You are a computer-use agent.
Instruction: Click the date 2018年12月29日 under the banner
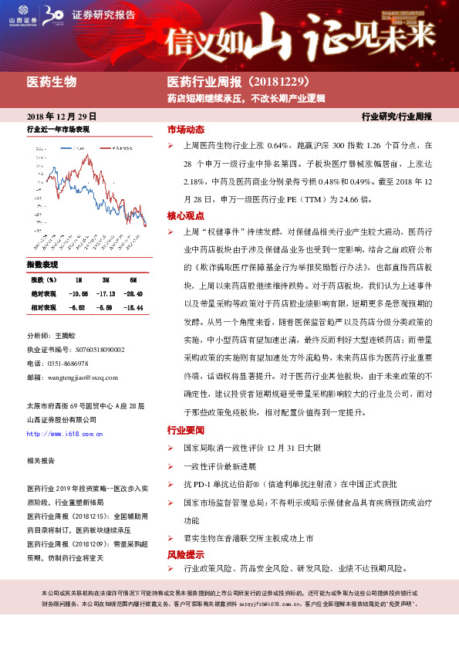56,115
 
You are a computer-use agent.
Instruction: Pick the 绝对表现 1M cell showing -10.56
79,293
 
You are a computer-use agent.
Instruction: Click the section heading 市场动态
185,129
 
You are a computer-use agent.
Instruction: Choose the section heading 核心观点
185,215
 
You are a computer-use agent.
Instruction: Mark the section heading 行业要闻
185,430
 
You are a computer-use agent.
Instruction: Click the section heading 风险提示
185,554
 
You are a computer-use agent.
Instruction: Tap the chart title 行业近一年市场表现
59,129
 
